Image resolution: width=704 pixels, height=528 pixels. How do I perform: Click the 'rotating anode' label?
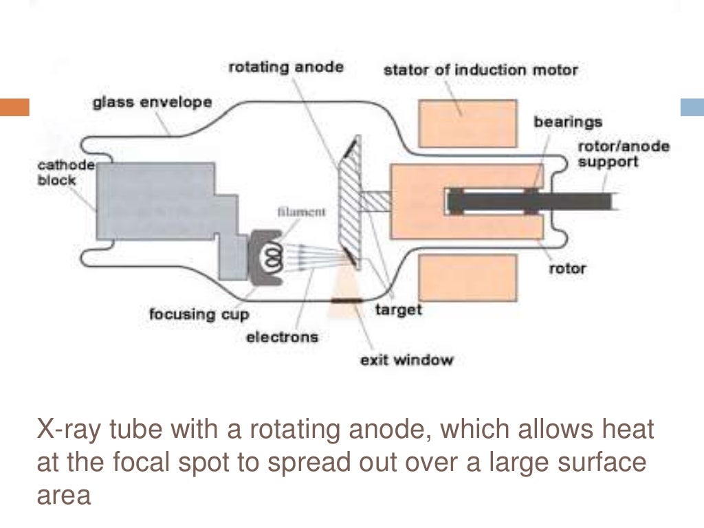[x=285, y=68]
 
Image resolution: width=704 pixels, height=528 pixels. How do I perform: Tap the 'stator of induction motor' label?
[x=481, y=69]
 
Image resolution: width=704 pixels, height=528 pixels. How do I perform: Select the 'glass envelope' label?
[x=152, y=103]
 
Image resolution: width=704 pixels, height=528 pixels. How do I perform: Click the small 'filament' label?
[x=301, y=212]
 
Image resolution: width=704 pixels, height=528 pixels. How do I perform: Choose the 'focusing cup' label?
[x=199, y=314]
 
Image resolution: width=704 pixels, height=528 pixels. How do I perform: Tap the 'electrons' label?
[x=283, y=337]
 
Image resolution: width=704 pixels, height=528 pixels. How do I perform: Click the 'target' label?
[x=398, y=309]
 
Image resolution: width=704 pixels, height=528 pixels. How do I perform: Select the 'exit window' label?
[x=406, y=360]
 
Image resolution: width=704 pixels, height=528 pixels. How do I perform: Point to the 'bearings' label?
[x=568, y=122]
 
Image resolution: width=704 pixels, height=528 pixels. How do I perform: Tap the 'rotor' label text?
[x=567, y=267]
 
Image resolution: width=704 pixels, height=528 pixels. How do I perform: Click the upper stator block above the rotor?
[x=466, y=123]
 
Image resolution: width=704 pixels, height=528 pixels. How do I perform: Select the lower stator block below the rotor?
[x=466, y=276]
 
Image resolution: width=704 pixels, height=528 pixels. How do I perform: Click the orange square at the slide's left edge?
[x=14, y=107]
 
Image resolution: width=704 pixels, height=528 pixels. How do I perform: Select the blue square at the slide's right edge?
[x=692, y=107]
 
